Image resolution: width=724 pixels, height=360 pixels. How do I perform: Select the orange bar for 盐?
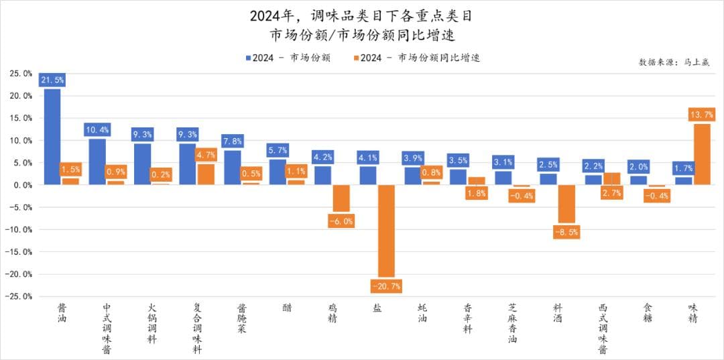[385, 231]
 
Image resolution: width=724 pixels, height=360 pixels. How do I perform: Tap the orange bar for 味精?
[701, 154]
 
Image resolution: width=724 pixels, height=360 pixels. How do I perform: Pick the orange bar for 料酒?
[566, 204]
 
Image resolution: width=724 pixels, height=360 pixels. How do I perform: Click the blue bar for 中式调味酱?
[97, 162]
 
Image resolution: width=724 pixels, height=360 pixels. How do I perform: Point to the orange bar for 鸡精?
[341, 198]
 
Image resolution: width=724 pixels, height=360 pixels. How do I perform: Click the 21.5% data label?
[52, 80]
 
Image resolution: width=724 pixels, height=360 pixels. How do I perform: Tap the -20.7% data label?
[385, 286]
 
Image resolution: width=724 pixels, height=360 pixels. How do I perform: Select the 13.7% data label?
[701, 114]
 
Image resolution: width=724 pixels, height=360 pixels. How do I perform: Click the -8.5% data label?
[566, 232]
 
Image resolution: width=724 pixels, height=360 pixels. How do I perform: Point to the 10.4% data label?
[97, 129]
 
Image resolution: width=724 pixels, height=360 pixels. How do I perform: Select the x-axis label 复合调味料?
[196, 328]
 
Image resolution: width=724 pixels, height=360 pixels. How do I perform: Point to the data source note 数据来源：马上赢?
[674, 62]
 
